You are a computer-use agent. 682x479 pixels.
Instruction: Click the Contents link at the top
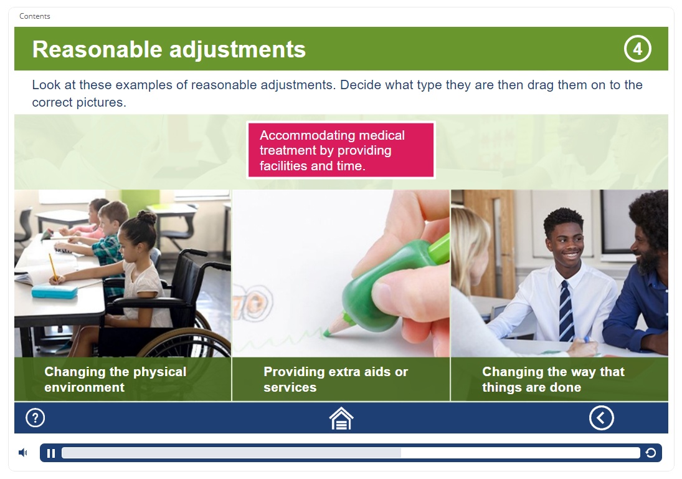(35, 16)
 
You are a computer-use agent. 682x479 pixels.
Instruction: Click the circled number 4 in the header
(637, 49)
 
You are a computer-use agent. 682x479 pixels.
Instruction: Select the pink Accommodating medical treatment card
(341, 150)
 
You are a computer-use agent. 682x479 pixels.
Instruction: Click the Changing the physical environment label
(115, 379)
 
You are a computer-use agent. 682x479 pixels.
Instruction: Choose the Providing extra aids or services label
(335, 379)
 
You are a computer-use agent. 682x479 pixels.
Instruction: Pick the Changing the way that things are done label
(553, 379)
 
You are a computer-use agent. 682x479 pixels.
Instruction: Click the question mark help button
(36, 418)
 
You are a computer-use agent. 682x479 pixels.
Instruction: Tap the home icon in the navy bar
(341, 418)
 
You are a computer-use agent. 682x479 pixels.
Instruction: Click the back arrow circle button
(602, 418)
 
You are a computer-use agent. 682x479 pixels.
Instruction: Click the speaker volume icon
(22, 453)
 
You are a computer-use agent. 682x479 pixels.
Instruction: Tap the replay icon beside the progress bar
(651, 453)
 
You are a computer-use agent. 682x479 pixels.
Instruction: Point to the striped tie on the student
(566, 311)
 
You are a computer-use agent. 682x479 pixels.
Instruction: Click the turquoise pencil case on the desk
(54, 291)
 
